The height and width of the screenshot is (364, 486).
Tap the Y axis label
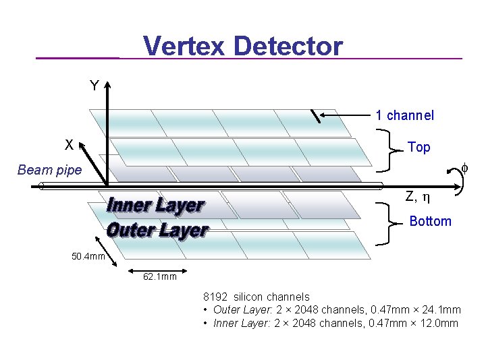coord(94,86)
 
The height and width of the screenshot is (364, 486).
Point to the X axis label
coord(69,145)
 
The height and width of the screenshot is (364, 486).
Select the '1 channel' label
coord(405,115)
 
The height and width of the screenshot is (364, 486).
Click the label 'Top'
coord(418,147)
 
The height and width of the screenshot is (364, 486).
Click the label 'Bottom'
coord(431,221)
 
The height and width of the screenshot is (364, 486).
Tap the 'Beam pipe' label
coord(49,170)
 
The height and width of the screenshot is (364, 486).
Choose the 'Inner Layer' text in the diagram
coord(156,205)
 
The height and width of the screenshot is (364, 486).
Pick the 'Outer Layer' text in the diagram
coord(157,230)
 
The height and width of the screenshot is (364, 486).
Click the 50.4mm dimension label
coord(88,256)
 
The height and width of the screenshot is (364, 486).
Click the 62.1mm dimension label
coord(159,276)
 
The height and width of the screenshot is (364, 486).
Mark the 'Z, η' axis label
coord(418,198)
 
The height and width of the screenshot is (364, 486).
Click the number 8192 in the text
coord(217,297)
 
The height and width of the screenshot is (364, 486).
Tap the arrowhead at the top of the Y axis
coord(108,84)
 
